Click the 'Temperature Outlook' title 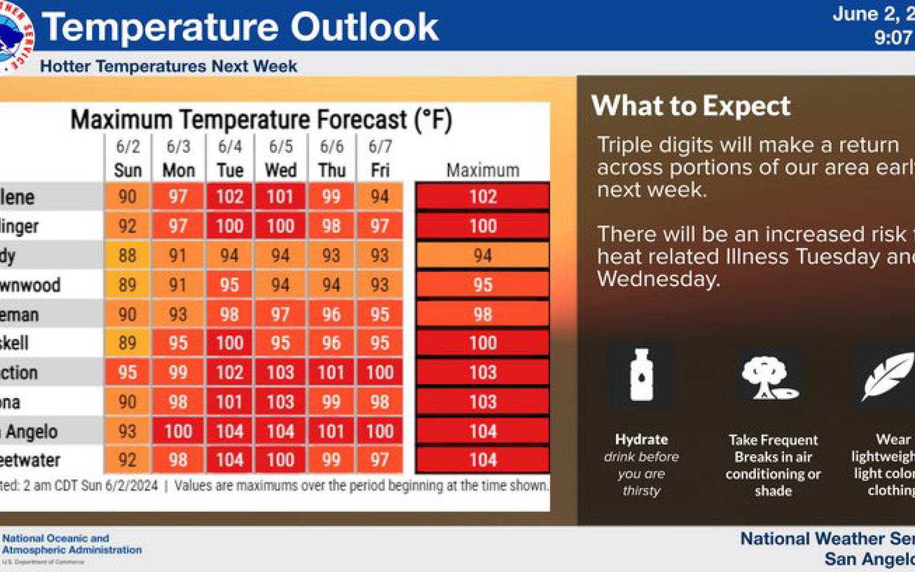pos(240,27)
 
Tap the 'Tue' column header pos(230,170)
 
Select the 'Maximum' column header pos(483,170)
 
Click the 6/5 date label pos(281,146)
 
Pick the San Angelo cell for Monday pos(178,431)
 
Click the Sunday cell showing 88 pos(127,255)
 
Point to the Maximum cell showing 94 pos(483,255)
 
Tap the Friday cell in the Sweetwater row pos(380,460)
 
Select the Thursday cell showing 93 pos(331,255)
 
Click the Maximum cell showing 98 pos(483,314)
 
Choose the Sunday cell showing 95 pos(127,372)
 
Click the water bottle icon pos(641,375)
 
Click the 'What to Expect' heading pos(691,106)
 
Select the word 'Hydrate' pos(641,439)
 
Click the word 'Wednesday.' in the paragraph pos(658,279)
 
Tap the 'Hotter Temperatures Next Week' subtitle pos(169,66)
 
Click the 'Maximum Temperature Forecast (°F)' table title pos(261,120)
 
